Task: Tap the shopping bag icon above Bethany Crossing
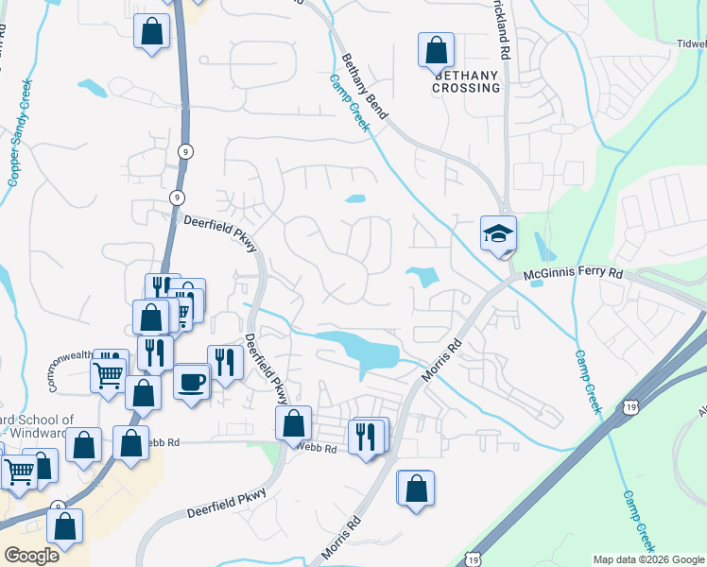(x=436, y=49)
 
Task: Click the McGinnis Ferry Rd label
(x=574, y=274)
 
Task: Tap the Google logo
(x=31, y=555)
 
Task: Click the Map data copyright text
(x=647, y=559)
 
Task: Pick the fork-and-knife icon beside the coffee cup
(x=224, y=362)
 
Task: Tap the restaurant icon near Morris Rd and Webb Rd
(x=368, y=436)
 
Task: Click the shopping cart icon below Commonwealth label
(x=109, y=375)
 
